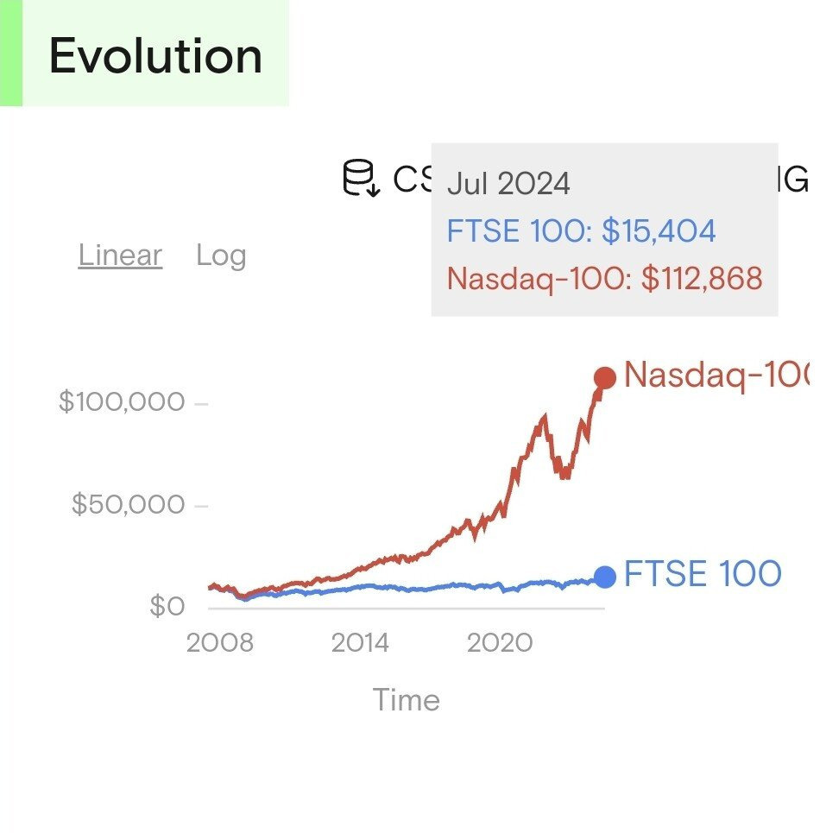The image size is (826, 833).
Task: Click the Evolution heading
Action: tap(155, 57)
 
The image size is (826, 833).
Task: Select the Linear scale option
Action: tap(120, 256)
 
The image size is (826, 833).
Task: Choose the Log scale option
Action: tap(221, 256)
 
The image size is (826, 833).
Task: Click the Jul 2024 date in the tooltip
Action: tap(508, 184)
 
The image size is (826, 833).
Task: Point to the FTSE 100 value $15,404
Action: tap(659, 231)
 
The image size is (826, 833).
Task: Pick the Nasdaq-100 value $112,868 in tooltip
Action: tap(702, 279)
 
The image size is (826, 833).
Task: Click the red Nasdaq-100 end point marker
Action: tap(604, 378)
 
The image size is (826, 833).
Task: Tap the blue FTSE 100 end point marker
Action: tap(605, 577)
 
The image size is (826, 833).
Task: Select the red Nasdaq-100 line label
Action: tap(716, 375)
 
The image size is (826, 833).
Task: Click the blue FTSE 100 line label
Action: tap(703, 574)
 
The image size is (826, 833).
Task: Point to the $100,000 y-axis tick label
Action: tap(122, 401)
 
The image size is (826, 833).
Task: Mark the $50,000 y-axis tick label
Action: tap(128, 504)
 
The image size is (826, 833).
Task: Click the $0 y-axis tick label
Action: tap(167, 606)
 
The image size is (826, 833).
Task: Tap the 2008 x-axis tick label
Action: tap(220, 643)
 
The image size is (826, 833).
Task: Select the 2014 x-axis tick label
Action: tap(360, 643)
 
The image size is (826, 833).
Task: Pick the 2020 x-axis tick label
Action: tap(501, 643)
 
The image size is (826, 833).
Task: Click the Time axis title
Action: tap(406, 699)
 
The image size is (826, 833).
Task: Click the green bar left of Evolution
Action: tap(10, 53)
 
